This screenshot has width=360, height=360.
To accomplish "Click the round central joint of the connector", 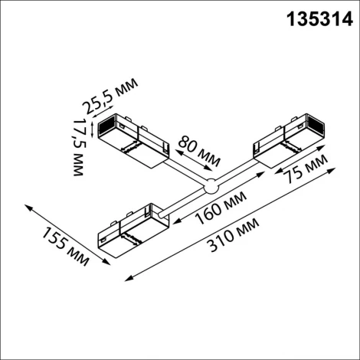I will tap(209, 185).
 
